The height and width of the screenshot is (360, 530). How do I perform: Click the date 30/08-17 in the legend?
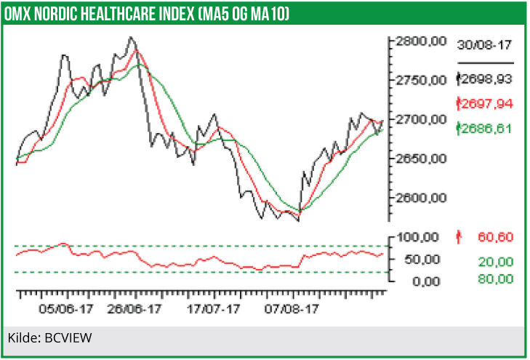click(x=484, y=45)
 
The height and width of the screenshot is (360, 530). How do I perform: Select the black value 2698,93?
click(x=487, y=79)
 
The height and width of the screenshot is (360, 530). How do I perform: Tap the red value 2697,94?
click(x=487, y=104)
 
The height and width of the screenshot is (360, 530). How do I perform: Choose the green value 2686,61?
click(x=487, y=128)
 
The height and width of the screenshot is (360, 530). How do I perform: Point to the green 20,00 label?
click(x=495, y=262)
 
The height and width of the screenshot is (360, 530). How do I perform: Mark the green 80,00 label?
click(x=495, y=279)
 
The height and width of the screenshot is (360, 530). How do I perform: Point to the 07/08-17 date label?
click(x=292, y=308)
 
